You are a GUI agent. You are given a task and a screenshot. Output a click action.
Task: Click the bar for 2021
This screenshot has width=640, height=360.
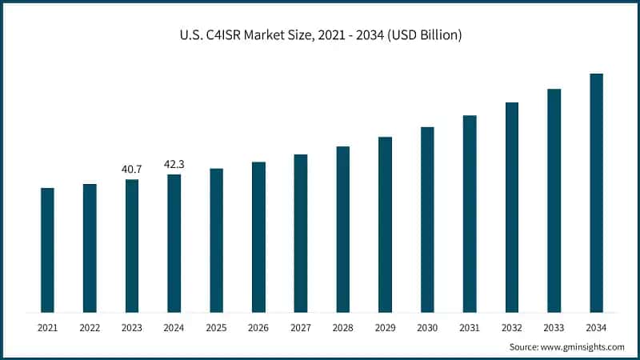point(47,250)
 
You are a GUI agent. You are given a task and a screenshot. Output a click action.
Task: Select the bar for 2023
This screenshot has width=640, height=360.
point(132,246)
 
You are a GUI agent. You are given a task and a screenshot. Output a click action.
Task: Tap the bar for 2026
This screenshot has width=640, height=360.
point(258,237)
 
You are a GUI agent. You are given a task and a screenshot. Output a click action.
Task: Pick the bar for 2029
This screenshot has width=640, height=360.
point(385,224)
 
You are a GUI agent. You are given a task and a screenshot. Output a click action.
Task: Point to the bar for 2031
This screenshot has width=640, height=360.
point(470,214)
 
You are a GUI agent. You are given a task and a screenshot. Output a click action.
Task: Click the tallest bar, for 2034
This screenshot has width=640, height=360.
point(596,193)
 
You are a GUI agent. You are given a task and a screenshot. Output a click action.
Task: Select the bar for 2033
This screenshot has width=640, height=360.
point(554,200)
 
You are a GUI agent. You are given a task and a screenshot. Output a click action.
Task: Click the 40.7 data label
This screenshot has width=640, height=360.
point(132,169)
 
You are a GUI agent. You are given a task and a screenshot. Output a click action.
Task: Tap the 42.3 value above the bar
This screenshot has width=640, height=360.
point(174,164)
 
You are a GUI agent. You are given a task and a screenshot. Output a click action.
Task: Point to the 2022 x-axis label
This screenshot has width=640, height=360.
point(90,327)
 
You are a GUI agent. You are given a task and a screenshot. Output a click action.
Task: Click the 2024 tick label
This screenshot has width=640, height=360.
point(174,327)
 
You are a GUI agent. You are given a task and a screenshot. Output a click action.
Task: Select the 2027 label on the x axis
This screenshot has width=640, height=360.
point(300,327)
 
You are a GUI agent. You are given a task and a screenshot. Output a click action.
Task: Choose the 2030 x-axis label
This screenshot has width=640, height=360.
point(427,327)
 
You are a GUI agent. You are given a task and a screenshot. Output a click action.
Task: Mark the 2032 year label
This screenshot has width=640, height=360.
point(511,327)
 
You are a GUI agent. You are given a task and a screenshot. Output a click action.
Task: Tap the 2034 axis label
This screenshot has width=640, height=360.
point(596,327)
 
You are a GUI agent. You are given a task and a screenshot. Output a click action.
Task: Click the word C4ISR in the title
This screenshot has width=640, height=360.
point(225,35)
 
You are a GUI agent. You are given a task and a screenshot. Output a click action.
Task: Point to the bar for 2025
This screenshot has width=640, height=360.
point(216,240)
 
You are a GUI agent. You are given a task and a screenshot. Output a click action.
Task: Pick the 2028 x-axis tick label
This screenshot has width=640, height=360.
point(342,327)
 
